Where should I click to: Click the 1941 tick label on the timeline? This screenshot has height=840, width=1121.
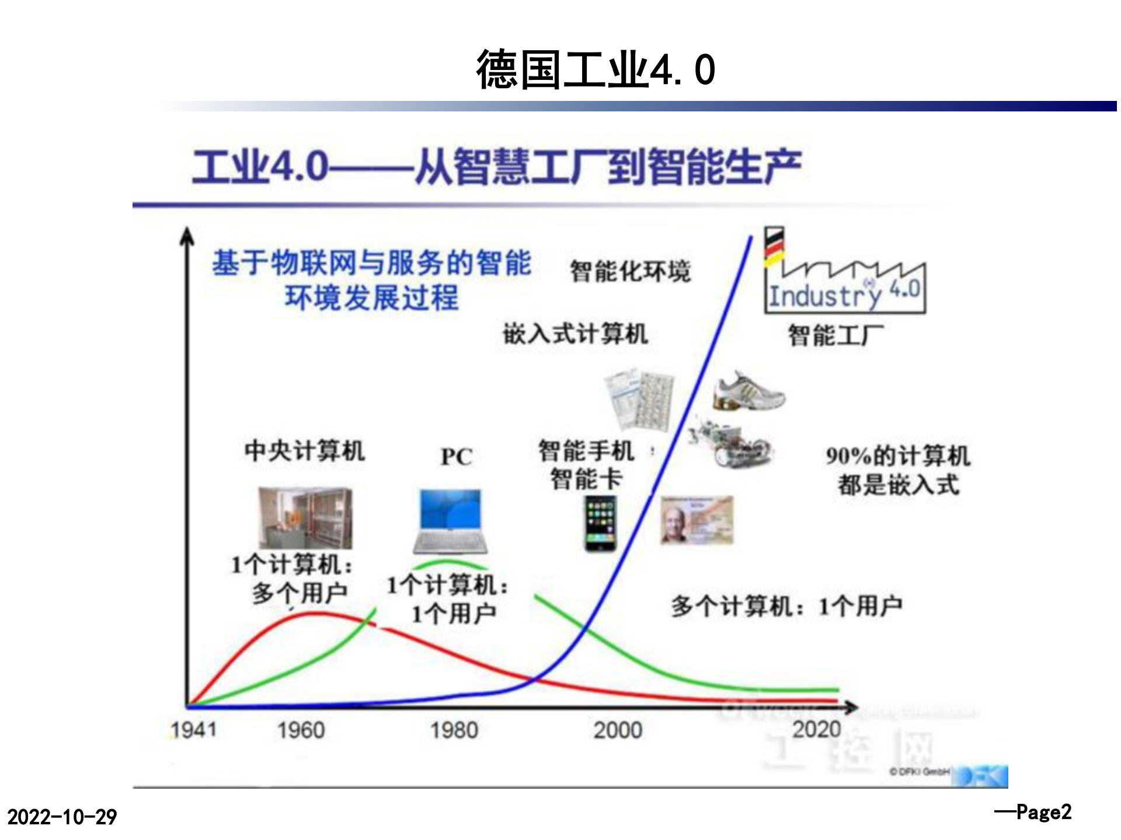point(193,730)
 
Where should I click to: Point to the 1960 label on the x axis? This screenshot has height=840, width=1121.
point(301,730)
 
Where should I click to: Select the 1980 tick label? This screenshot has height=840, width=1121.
point(454,730)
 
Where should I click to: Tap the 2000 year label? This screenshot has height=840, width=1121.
point(618,730)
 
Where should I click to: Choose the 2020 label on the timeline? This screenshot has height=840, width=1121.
point(817,729)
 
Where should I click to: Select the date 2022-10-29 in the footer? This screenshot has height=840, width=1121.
point(62,817)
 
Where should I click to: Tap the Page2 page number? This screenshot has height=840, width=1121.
point(1033,812)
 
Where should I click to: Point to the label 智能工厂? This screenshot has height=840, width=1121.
point(835,335)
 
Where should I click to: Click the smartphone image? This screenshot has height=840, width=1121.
point(600,523)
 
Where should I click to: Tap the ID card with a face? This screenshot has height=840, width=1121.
point(697,520)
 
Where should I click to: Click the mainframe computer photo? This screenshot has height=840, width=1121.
point(305,518)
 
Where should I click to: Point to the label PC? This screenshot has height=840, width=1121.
point(457,457)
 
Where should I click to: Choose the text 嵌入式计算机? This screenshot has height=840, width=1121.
point(575,334)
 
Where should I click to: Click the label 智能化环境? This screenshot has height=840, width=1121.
point(630,271)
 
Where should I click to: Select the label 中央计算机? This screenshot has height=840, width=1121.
point(305,451)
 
